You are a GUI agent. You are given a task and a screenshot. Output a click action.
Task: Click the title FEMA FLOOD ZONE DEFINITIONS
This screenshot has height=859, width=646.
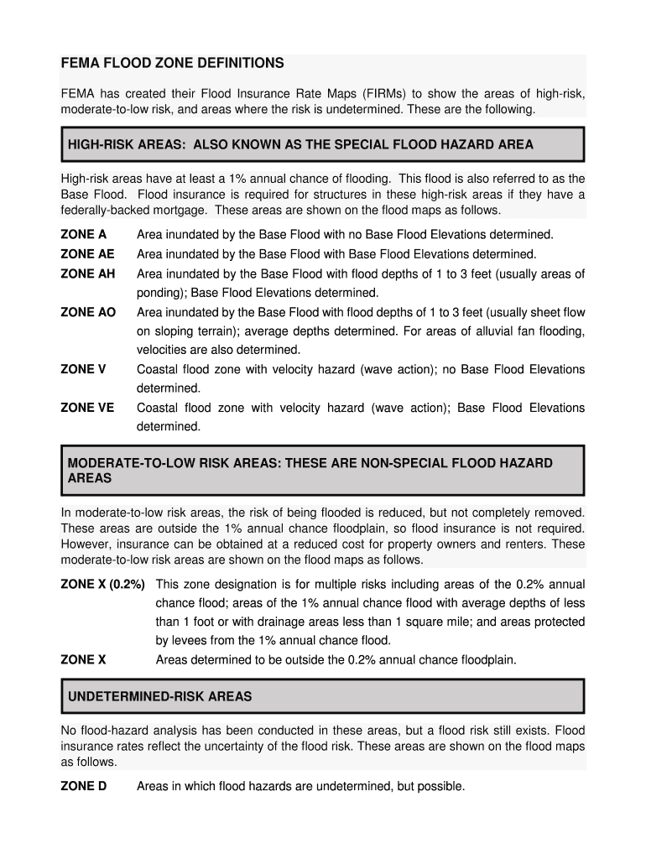coord(172,63)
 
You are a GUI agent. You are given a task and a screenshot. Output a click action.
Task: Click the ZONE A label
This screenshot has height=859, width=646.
coord(83,235)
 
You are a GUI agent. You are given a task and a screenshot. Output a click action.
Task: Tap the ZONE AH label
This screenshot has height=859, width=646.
coord(87,273)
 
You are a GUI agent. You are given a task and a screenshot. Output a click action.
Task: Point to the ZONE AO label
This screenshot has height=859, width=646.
coord(88,312)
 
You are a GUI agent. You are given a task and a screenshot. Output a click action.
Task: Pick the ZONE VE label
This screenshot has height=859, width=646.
coord(87,408)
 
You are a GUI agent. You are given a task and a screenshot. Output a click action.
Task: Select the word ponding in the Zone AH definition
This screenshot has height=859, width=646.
coord(161,293)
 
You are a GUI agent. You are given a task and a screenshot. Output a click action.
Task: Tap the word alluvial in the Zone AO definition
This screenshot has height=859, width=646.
coord(493,331)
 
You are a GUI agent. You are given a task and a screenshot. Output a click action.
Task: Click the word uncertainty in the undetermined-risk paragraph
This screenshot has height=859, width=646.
coord(241,747)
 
